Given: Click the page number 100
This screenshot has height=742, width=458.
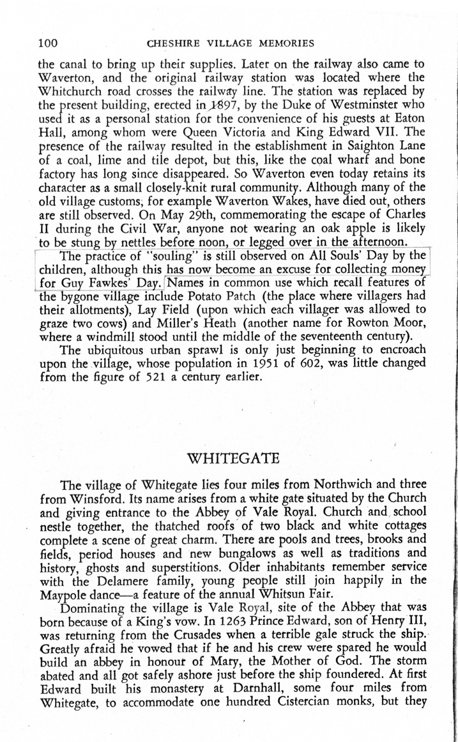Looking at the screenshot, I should (49, 43).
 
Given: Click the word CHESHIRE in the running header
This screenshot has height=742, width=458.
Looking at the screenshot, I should (172, 44).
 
